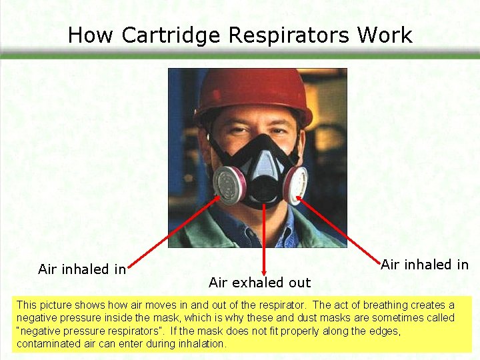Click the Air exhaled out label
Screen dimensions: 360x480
259,283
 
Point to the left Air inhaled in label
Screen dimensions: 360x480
82,269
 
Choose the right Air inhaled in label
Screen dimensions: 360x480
425,264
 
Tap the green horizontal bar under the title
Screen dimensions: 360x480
240,57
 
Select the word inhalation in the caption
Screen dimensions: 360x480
202,344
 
